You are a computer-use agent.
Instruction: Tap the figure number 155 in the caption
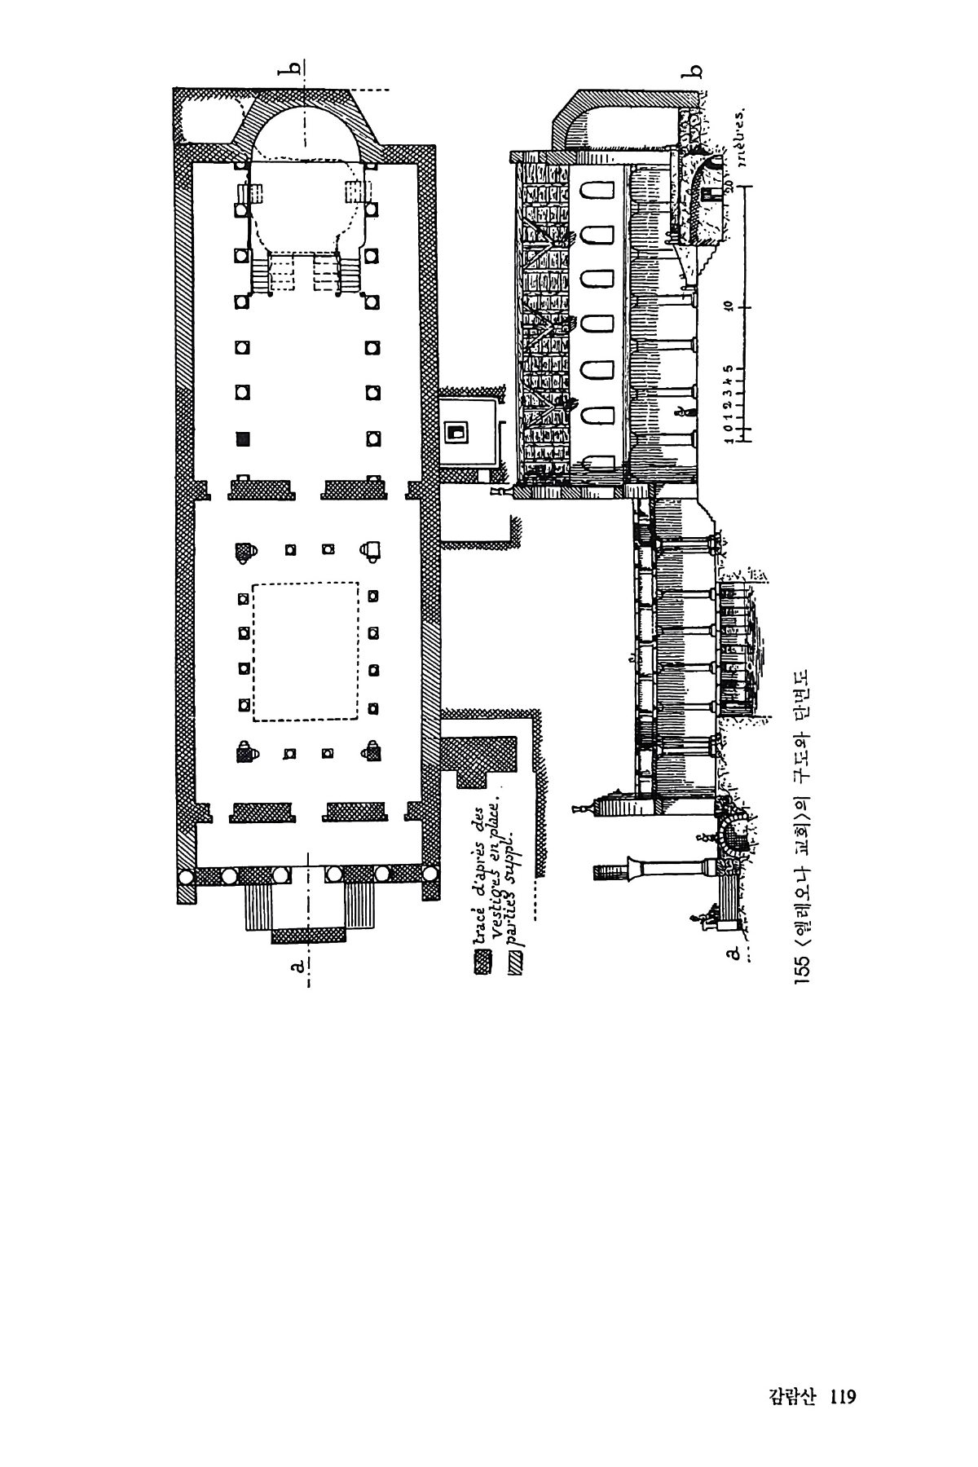(804, 967)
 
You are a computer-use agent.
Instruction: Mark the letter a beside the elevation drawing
(732, 951)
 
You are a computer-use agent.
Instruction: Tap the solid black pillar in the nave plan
(242, 438)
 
